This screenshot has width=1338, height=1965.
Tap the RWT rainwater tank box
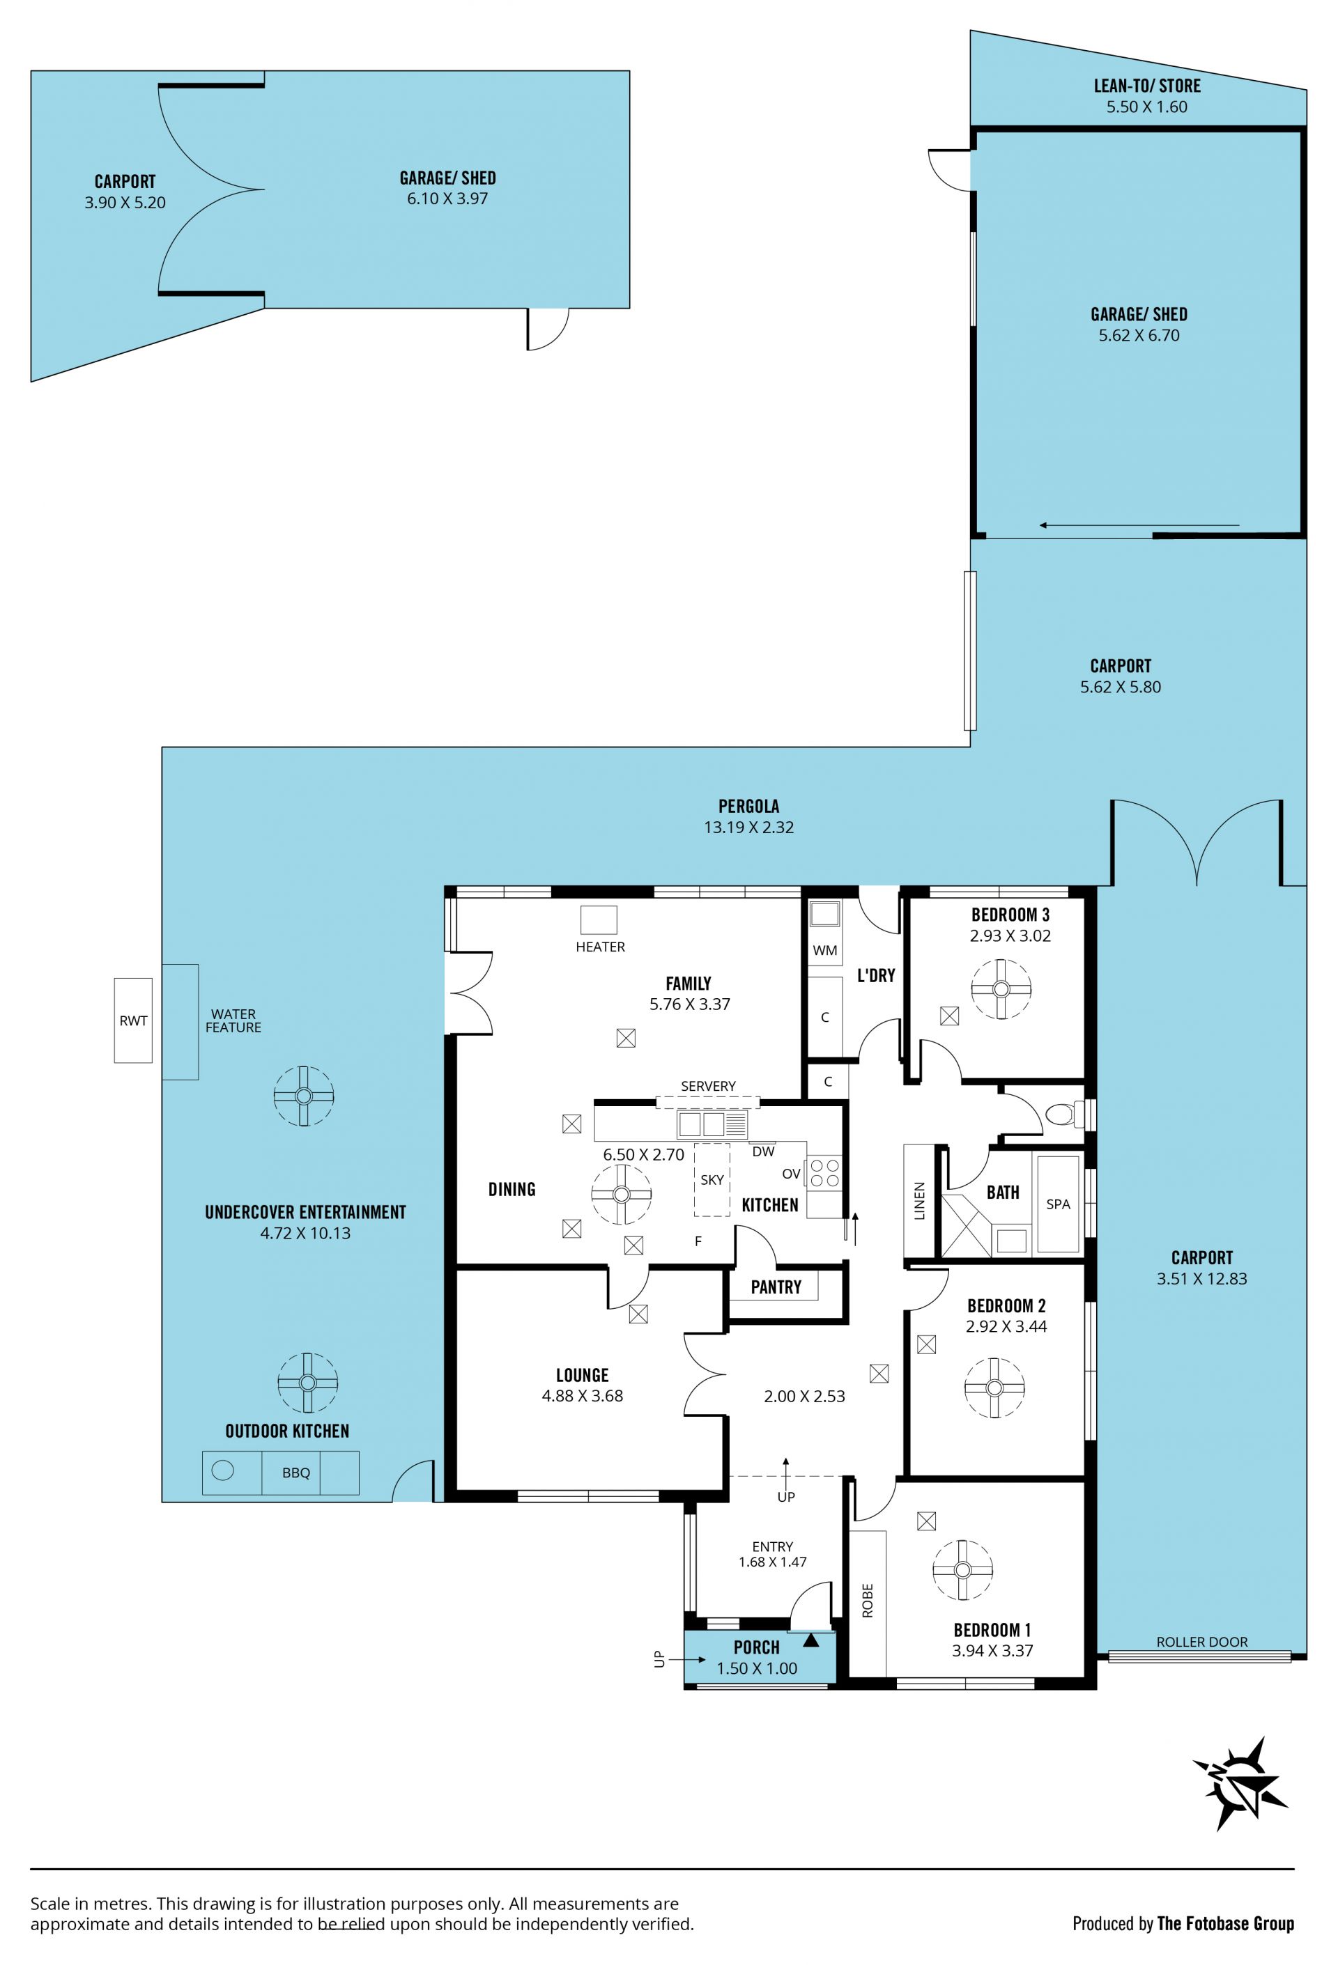(134, 1020)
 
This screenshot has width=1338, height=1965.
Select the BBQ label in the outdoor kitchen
(296, 1472)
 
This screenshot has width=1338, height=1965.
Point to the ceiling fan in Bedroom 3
(1001, 988)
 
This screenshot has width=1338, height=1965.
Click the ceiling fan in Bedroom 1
(962, 1569)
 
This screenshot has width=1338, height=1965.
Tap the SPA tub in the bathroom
(1058, 1203)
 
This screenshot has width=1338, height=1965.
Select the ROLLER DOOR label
(1202, 1641)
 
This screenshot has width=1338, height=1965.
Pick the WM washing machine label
(824, 949)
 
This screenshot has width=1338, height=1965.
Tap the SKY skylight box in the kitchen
(712, 1179)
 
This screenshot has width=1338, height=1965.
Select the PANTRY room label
(776, 1287)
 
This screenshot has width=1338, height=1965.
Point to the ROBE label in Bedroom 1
(867, 1600)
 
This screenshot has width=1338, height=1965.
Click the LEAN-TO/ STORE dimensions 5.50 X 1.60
(1147, 107)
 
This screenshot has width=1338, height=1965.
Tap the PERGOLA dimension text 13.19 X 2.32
(748, 827)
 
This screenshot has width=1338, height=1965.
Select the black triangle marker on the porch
(811, 1640)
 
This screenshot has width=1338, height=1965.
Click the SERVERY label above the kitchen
(708, 1086)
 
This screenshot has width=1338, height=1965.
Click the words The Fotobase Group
(1226, 1924)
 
